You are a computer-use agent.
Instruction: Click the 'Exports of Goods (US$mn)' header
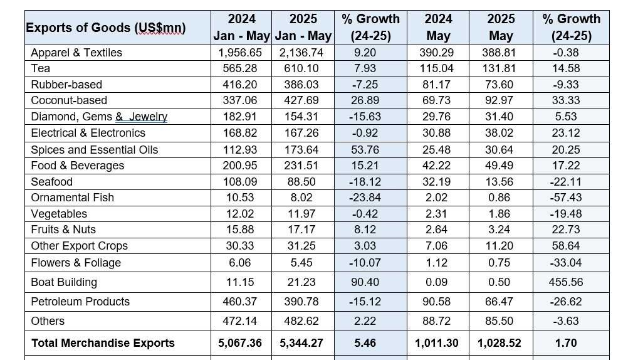coord(105,28)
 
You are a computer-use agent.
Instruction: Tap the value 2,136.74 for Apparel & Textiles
coord(302,53)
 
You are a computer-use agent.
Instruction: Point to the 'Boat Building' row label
coord(64,282)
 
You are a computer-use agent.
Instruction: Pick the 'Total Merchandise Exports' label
coord(103,343)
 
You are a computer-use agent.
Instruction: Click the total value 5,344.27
coord(302,343)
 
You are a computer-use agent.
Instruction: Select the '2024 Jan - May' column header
coord(241,28)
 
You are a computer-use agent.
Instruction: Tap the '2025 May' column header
coord(500,28)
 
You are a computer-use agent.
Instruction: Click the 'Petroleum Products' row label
coord(80,302)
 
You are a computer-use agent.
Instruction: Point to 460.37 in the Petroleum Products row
coord(241,302)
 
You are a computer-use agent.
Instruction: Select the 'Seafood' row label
coord(51,182)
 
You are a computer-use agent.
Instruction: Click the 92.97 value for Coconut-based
coord(500,100)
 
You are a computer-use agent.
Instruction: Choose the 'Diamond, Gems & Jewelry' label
coord(99,117)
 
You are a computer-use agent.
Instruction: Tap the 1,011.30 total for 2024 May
coord(437,343)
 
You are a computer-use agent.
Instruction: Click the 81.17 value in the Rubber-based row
coord(437,85)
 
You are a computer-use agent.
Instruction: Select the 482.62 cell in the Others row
coord(302,321)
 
